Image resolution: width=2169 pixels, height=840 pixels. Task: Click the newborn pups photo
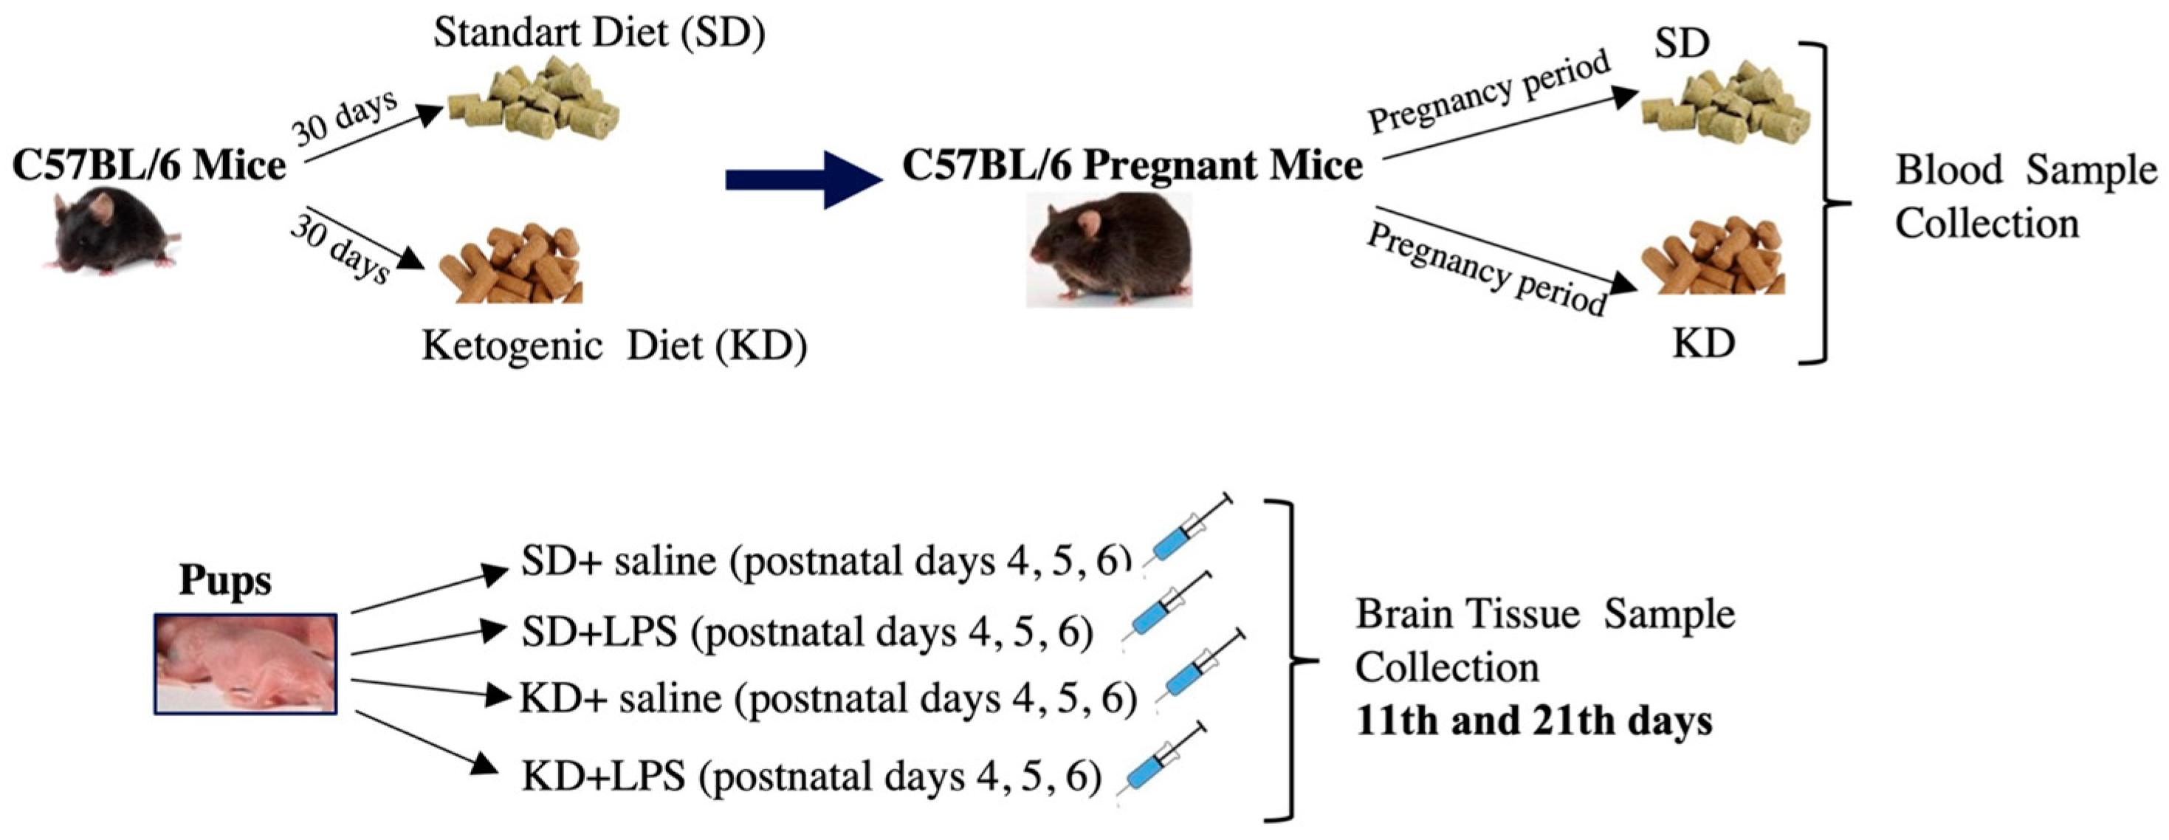click(x=245, y=664)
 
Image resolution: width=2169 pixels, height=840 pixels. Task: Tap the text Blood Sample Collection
click(x=2024, y=197)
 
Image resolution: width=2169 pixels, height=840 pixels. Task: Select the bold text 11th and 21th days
click(x=1534, y=721)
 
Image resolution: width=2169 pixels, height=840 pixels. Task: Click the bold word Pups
click(x=225, y=580)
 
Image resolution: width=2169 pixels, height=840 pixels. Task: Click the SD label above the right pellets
click(x=1682, y=44)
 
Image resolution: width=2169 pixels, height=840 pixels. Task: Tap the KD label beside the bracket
click(x=1702, y=343)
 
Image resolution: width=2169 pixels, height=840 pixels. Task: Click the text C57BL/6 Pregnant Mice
click(x=1132, y=165)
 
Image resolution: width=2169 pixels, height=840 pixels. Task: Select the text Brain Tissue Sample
click(x=1544, y=613)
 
